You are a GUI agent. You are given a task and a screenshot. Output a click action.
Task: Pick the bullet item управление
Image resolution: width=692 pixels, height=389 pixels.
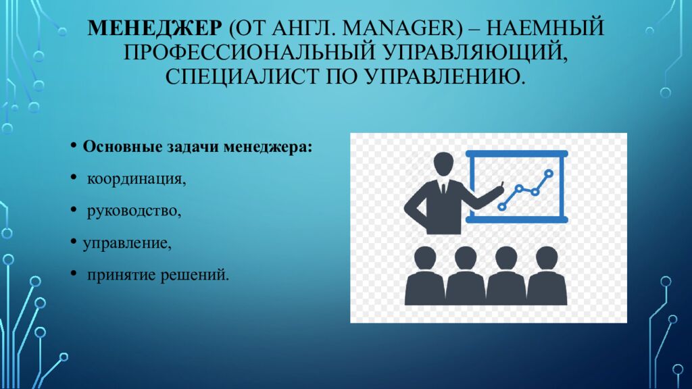[x=127, y=243]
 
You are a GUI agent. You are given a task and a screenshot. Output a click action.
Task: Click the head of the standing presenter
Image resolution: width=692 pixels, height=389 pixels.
[x=443, y=164]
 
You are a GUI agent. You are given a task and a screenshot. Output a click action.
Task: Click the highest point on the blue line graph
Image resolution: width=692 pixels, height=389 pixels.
[x=549, y=174]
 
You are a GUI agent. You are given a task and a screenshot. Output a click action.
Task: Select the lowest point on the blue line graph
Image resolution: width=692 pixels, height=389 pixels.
[x=501, y=206]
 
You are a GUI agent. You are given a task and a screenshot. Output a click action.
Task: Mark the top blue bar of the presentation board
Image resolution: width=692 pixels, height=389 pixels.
[x=518, y=154]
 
